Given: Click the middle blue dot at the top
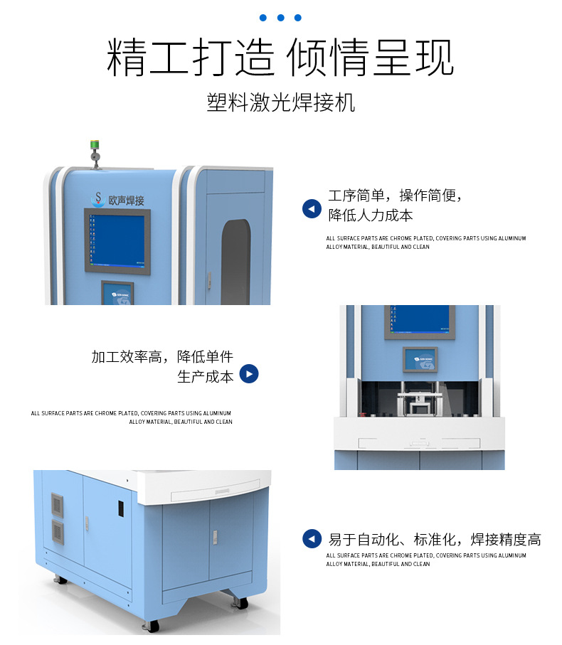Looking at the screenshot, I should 280,18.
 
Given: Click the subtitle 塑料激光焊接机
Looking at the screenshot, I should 280,102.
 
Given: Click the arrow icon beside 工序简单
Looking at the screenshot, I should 312,208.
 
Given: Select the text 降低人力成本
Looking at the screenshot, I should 370,215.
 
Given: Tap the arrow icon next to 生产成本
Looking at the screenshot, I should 248,374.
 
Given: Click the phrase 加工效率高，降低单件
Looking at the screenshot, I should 162,357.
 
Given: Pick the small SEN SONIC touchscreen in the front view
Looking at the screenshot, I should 420,360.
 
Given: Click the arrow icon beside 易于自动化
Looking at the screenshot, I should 312,539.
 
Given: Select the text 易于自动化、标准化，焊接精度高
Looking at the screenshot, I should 434,540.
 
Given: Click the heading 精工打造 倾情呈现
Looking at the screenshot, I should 280,58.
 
